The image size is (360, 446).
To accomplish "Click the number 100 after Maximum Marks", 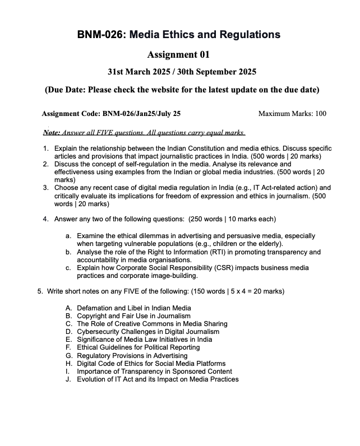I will (x=320, y=114).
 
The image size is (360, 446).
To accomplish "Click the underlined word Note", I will (x=51, y=133).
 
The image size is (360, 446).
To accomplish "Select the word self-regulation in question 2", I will (x=136, y=164).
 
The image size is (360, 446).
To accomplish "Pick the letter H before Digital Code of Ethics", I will (x=69, y=363).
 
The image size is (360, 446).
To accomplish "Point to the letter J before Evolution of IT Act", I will (x=69, y=379).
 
